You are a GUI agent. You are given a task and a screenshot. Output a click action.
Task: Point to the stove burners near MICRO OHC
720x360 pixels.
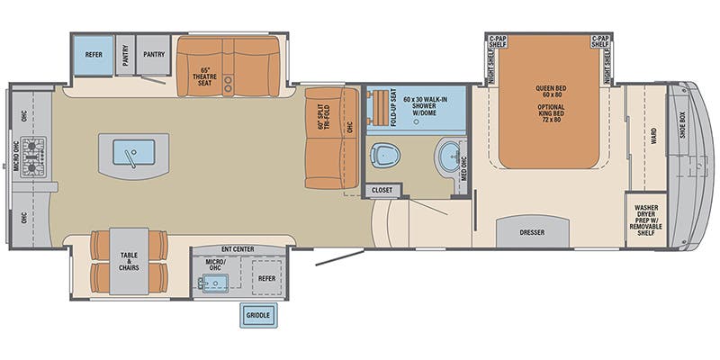point(33,155)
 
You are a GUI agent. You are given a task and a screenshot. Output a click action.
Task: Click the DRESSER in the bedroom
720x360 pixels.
point(532,231)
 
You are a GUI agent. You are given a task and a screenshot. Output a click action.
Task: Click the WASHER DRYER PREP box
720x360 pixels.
point(645,220)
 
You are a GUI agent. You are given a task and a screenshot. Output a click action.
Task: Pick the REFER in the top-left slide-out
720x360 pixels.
point(94,54)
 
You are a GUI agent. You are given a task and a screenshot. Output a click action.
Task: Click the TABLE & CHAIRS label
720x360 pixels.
point(130,261)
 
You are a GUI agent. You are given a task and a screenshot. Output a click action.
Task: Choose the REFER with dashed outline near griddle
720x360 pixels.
point(267,279)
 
